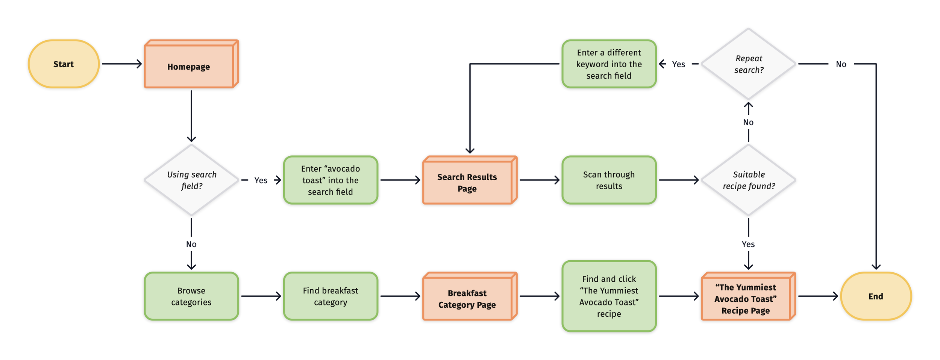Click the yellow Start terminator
(x=64, y=64)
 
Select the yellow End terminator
(x=876, y=296)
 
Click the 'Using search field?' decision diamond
(x=191, y=180)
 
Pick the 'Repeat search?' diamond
(x=748, y=64)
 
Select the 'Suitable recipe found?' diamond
(x=748, y=180)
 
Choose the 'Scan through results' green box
(x=609, y=180)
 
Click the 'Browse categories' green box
(x=191, y=296)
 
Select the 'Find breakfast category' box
(x=331, y=296)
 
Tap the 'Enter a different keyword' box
(x=609, y=64)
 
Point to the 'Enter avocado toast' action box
(x=331, y=180)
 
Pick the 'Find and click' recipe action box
(x=609, y=296)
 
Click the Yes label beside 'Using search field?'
(x=261, y=180)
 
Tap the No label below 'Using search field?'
(x=191, y=244)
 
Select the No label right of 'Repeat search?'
(x=841, y=64)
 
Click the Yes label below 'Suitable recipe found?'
(x=748, y=244)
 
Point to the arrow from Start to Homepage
(x=121, y=64)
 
